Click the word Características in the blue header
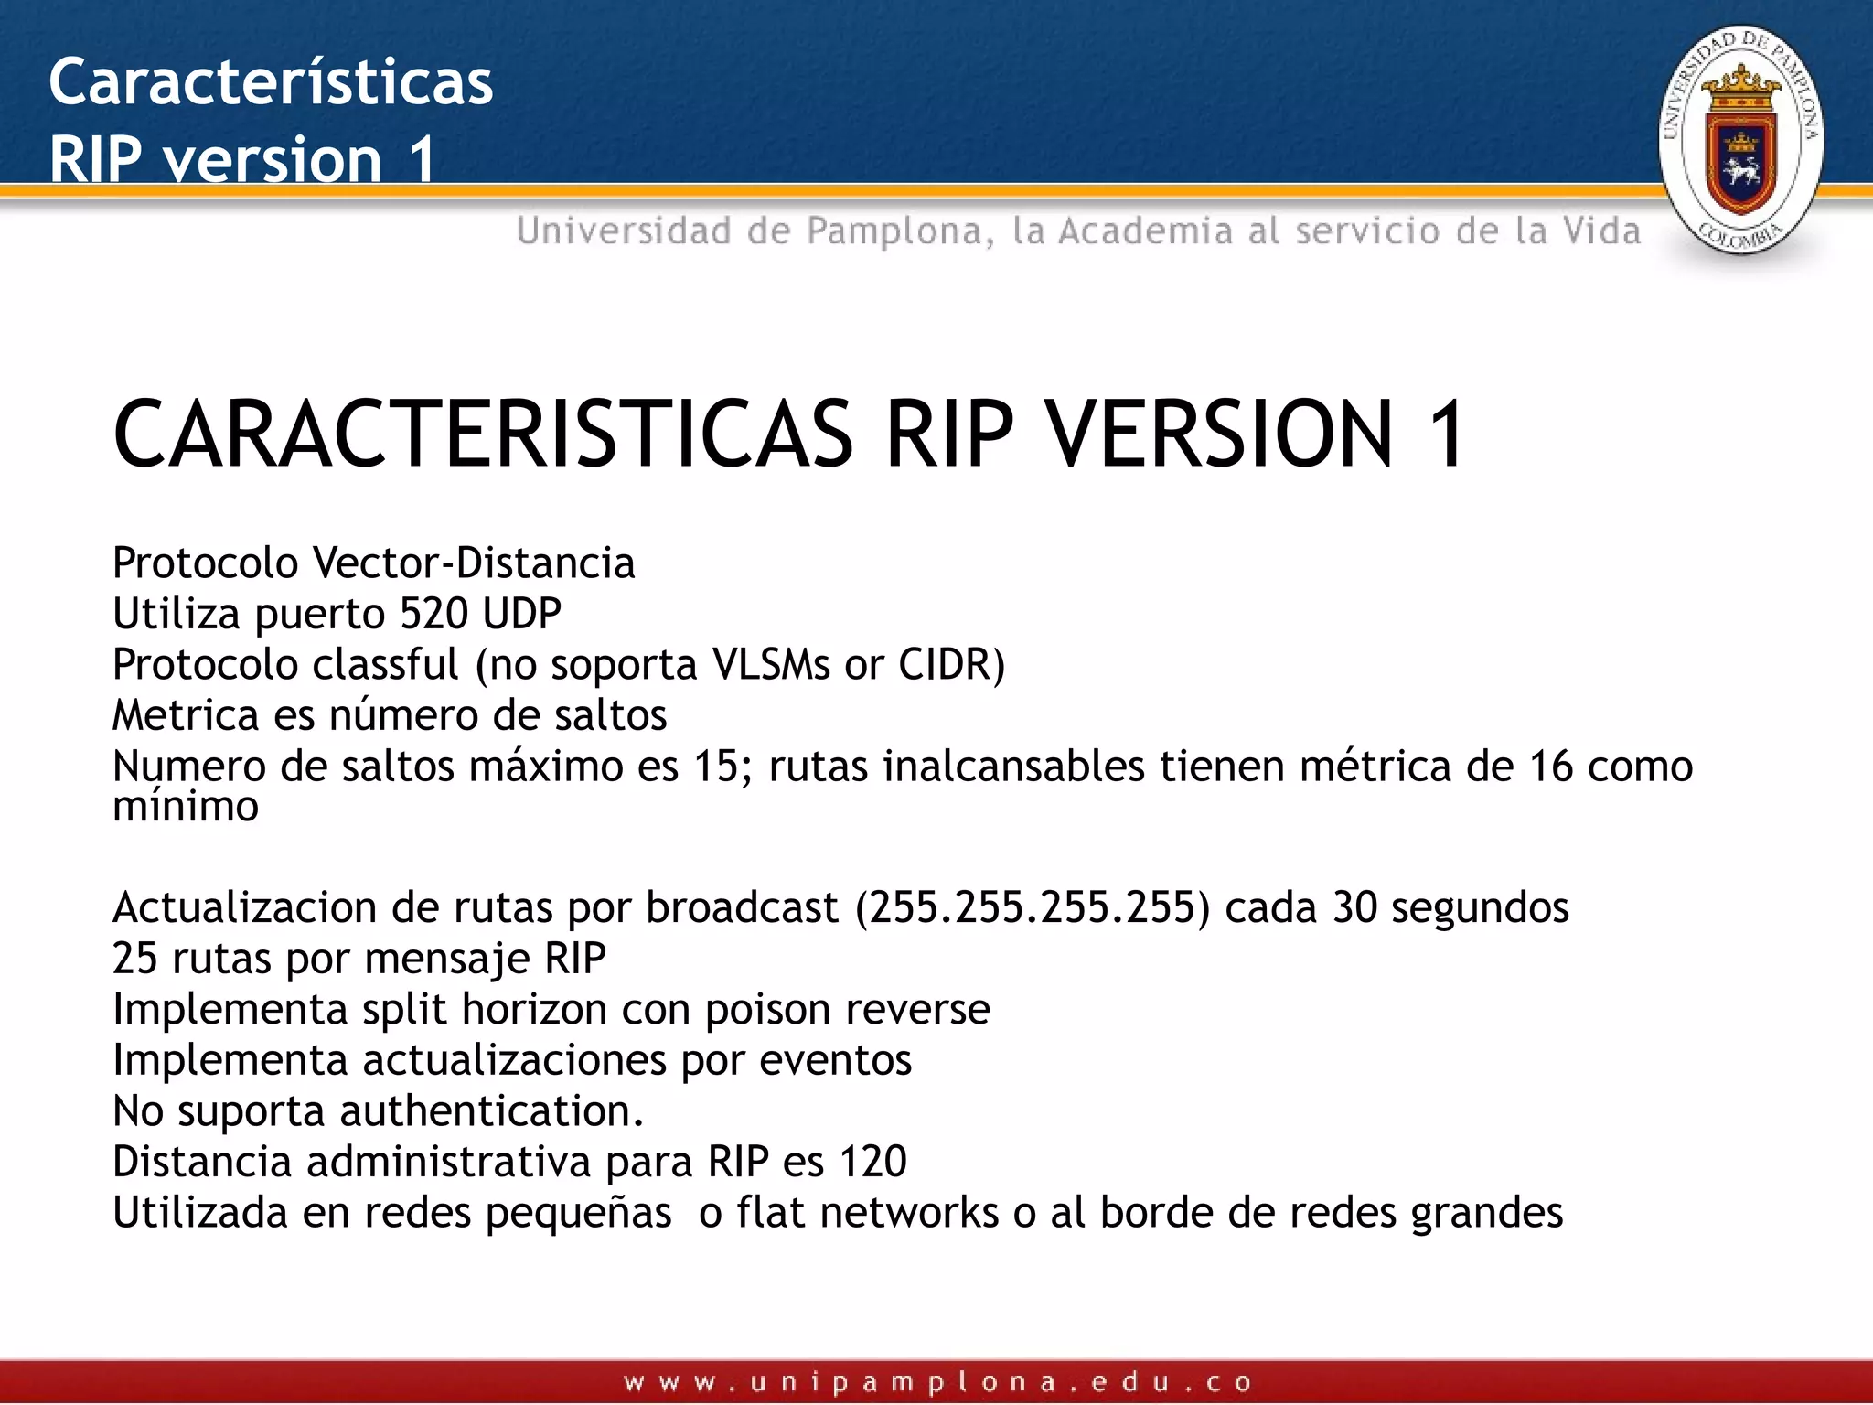pyautogui.click(x=271, y=81)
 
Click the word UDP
pyautogui.click(x=522, y=614)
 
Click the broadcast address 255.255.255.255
pyautogui.click(x=1033, y=908)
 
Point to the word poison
pyautogui.click(x=768, y=1011)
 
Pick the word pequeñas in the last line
pyautogui.click(x=578, y=1214)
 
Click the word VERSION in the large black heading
pyautogui.click(x=1220, y=434)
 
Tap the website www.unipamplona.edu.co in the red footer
pyautogui.click(x=936, y=1382)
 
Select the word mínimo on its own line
pyautogui.click(x=186, y=807)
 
